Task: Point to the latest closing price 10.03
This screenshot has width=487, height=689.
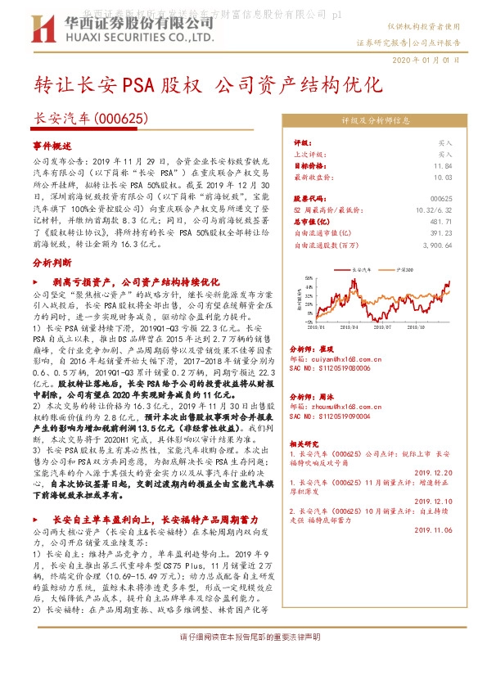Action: [x=444, y=176]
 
